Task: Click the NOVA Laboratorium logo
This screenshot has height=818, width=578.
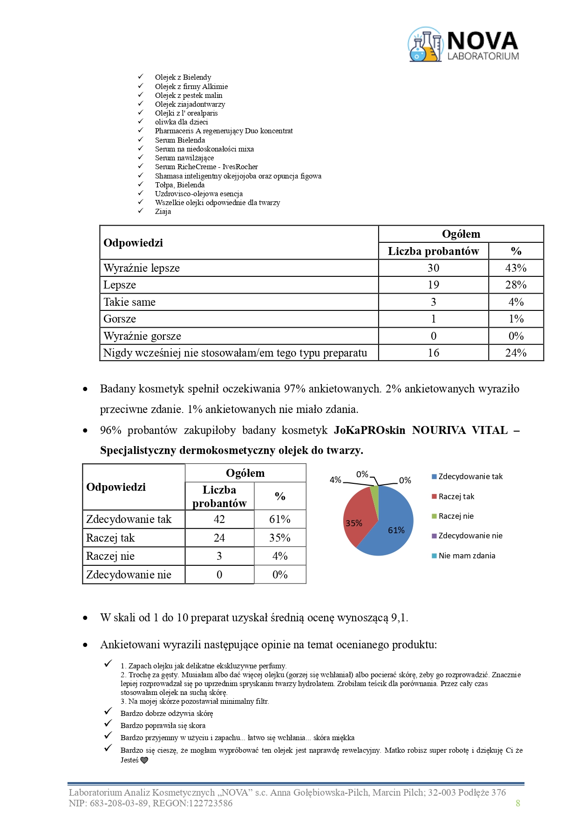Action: (463, 45)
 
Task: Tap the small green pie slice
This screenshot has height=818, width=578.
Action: (374, 492)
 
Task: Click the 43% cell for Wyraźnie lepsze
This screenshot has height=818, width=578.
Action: (516, 268)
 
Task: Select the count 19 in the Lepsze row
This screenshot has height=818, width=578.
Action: (433, 285)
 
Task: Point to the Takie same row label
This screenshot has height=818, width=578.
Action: (129, 302)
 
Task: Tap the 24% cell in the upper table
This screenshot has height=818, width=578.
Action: (516, 353)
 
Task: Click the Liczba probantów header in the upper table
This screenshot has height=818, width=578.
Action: (433, 251)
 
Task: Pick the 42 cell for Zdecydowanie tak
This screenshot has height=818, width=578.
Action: (219, 519)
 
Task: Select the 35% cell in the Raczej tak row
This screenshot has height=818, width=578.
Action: (279, 538)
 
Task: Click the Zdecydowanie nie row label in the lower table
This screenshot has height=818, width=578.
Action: (129, 575)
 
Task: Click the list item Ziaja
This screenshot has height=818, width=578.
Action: (163, 212)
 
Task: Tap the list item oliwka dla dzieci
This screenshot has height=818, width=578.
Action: (181, 122)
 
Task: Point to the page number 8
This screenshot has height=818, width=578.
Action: (517, 803)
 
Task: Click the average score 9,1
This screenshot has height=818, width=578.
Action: (399, 618)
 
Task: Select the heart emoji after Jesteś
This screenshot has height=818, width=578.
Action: (144, 760)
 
